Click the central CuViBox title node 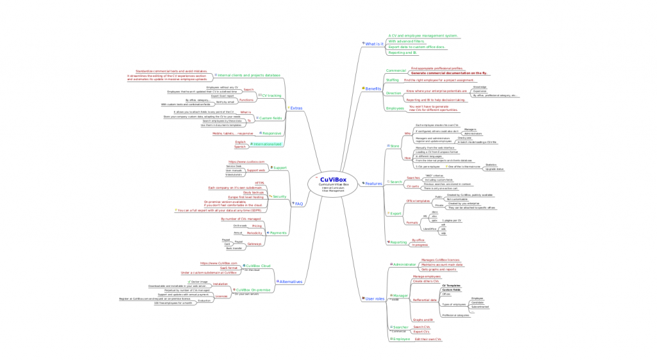click(x=334, y=180)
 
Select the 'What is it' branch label click(x=375, y=44)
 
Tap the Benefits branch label click(x=373, y=88)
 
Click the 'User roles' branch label click(x=374, y=298)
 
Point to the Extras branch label click(x=296, y=108)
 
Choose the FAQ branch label click(x=298, y=203)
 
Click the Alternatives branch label click(x=291, y=282)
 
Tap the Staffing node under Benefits click(x=392, y=80)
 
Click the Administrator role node click(x=405, y=264)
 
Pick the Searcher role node click(x=400, y=327)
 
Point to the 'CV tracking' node click(x=271, y=96)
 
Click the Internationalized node click(x=265, y=144)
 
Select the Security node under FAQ click(x=279, y=196)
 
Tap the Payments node click(x=278, y=233)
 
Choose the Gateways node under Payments click(x=255, y=244)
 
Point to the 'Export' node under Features click(x=396, y=213)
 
